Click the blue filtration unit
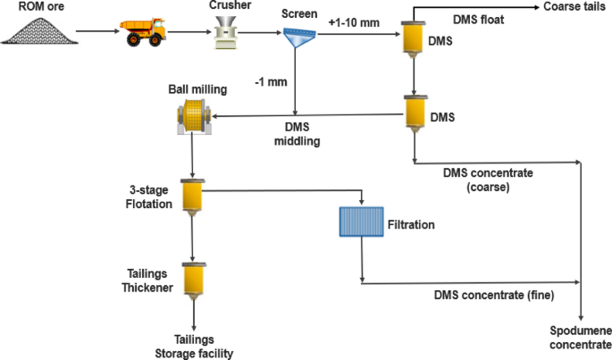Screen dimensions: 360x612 pos(360,222)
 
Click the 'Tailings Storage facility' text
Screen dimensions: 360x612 pos(193,347)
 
